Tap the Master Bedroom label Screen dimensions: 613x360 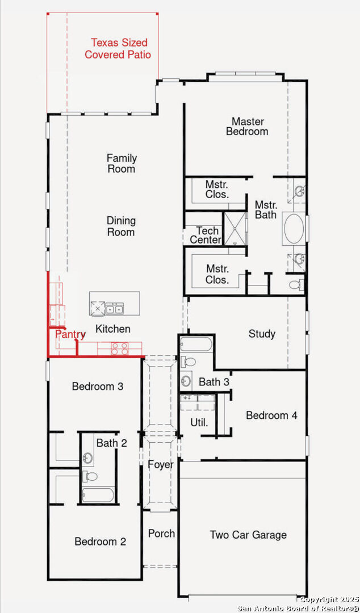247,126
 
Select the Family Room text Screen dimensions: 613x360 122,163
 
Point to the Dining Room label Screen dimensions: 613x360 122,226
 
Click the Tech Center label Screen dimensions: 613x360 206,235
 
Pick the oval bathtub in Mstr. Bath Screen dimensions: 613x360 294,229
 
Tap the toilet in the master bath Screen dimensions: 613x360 296,284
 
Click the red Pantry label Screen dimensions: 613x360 70,334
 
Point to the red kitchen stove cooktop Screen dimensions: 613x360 119,349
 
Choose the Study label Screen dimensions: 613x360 262,334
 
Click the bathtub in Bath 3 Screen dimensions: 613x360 196,345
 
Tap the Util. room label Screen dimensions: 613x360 199,422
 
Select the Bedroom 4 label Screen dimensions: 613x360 271,415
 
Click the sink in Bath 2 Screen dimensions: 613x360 88,457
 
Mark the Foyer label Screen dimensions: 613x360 161,465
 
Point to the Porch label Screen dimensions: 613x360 161,534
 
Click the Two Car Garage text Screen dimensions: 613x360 248,535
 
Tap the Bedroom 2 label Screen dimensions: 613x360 100,541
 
